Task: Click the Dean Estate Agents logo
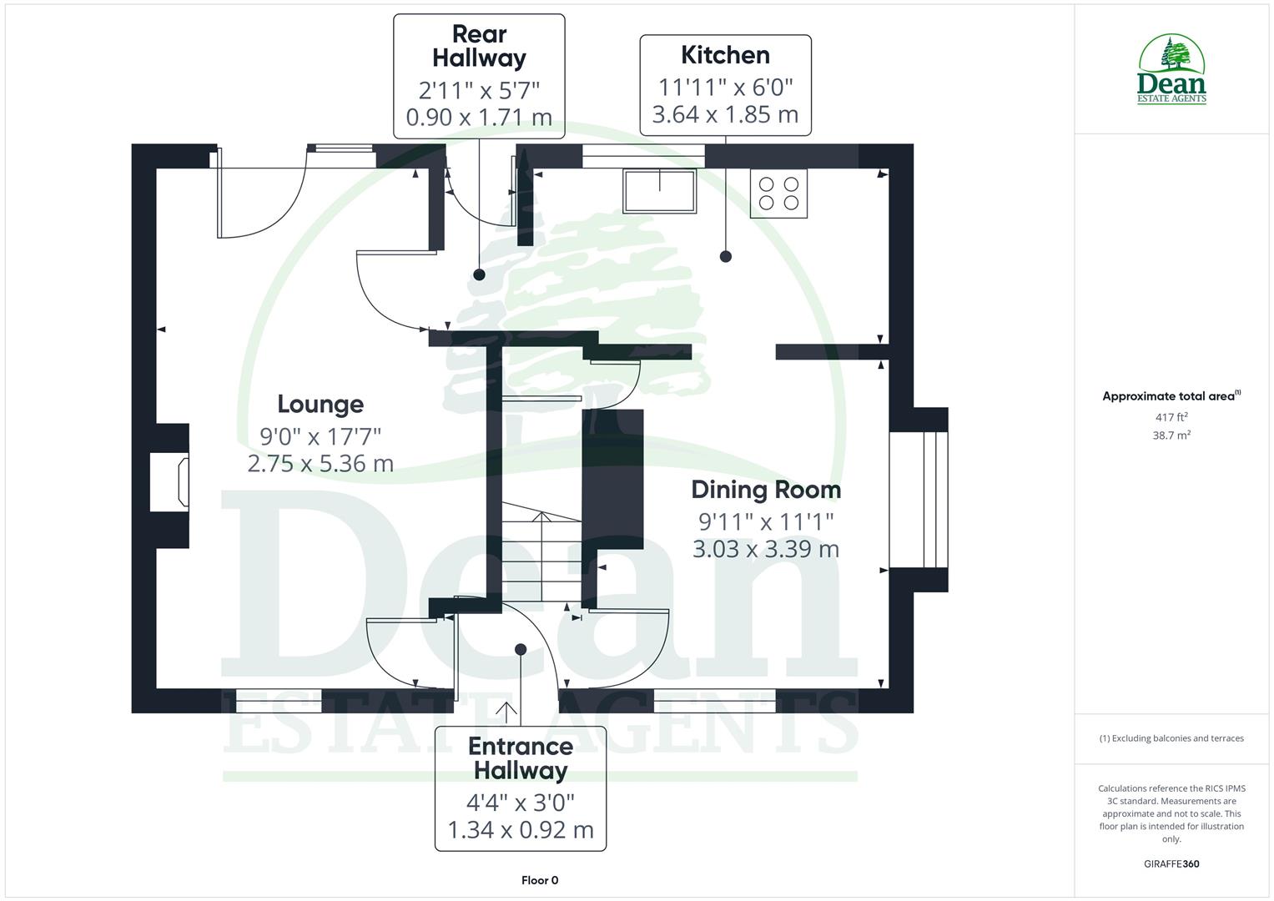click(1172, 69)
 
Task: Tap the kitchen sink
click(659, 191)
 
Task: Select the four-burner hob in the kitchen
click(778, 194)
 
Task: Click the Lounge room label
click(320, 405)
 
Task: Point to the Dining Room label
click(766, 490)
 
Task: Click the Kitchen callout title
click(725, 55)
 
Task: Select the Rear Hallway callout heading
click(479, 47)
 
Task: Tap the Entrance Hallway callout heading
click(521, 758)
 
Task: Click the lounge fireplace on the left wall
click(169, 482)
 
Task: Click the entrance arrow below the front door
click(506, 711)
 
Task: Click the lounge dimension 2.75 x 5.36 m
click(320, 464)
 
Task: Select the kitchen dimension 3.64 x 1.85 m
click(725, 114)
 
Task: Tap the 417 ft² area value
click(1171, 417)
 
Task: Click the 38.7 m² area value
click(1171, 435)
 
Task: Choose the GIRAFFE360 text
click(1171, 863)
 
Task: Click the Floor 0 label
click(540, 880)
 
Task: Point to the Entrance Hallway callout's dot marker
click(521, 649)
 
